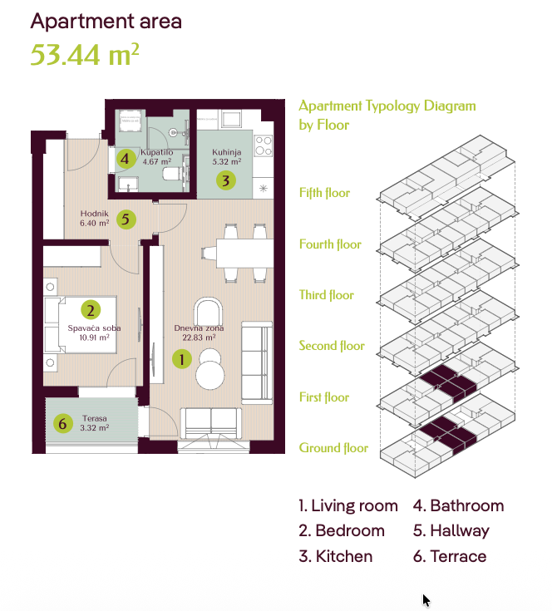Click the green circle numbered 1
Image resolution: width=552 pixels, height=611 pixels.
click(182, 359)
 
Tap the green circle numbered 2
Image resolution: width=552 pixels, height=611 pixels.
click(91, 310)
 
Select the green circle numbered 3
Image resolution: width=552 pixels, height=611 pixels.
click(226, 180)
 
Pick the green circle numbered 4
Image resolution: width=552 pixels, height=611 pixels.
click(126, 159)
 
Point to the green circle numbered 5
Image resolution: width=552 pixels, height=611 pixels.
click(126, 219)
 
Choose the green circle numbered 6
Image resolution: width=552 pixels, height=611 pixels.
click(63, 423)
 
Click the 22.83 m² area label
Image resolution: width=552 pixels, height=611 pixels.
click(199, 338)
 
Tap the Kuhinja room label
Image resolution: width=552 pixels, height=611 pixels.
click(226, 152)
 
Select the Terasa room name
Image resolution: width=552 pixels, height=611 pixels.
click(94, 418)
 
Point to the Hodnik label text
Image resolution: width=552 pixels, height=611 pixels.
click(94, 213)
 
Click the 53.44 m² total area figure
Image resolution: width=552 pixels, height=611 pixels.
click(85, 54)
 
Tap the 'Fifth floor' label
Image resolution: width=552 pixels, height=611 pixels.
click(324, 193)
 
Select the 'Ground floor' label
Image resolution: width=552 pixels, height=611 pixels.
click(333, 448)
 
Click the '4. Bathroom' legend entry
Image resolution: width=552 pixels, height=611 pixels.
click(459, 505)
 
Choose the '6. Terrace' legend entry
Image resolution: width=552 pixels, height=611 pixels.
click(450, 556)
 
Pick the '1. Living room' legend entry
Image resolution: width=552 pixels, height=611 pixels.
click(348, 505)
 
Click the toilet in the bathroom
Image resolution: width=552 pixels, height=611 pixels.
click(171, 174)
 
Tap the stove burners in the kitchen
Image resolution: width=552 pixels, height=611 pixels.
click(264, 145)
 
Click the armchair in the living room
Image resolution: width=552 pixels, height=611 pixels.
click(209, 311)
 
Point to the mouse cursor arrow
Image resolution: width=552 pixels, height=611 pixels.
click(426, 600)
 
